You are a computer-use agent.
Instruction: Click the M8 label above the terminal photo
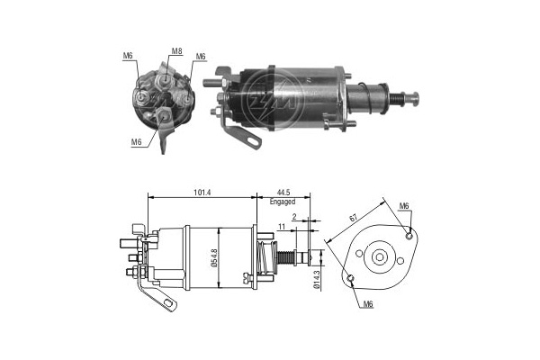(x=176, y=51)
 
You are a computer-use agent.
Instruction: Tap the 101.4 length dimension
(x=202, y=193)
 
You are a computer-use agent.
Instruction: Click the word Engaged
(x=283, y=202)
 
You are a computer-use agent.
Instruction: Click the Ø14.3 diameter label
(x=317, y=279)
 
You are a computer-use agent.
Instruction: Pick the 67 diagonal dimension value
(x=353, y=218)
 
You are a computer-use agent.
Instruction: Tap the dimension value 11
(x=282, y=226)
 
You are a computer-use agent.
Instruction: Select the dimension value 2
(x=293, y=217)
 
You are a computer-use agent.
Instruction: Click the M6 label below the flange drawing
(x=368, y=304)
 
